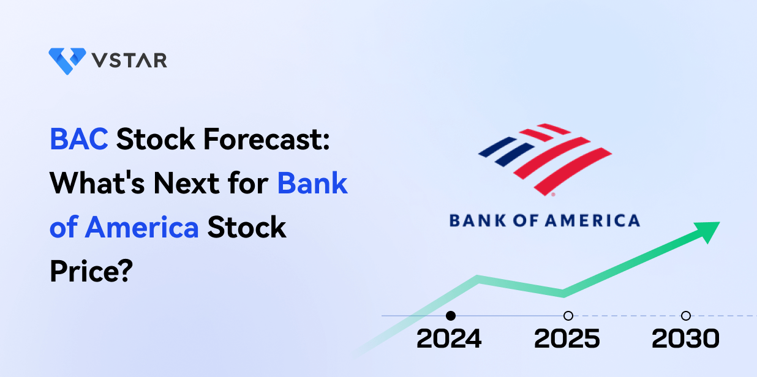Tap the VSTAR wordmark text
[x=129, y=61]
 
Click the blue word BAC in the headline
[x=79, y=139]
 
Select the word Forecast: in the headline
[x=266, y=139]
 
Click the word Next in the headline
[x=187, y=183]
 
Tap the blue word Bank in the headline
[x=312, y=183]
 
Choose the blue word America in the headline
[x=141, y=227]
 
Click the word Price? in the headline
[x=91, y=271]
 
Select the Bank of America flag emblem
[x=545, y=160]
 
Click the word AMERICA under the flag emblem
[x=593, y=220]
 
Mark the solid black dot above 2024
[x=451, y=316]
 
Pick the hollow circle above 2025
[x=568, y=316]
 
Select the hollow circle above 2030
[x=686, y=316]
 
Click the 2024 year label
[x=449, y=338]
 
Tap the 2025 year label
[x=567, y=338]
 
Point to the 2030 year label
[x=685, y=338]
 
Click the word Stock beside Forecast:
[x=156, y=139]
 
